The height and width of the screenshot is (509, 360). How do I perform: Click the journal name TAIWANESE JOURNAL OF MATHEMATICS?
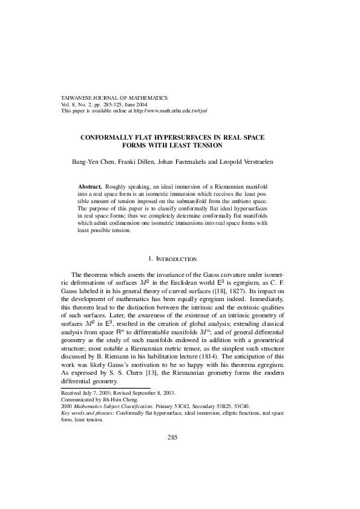click(x=114, y=97)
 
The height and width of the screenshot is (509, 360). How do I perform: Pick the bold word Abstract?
click(x=90, y=187)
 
